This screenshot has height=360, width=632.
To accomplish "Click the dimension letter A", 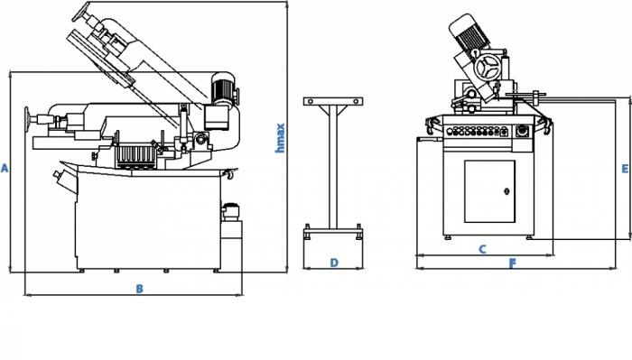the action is [x=5, y=169].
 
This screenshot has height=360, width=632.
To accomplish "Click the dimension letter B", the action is [x=139, y=289].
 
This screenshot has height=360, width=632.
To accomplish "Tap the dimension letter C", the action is [x=482, y=249].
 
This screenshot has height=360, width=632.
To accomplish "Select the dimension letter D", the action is [x=334, y=263].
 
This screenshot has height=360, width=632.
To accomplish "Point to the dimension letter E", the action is [x=625, y=169].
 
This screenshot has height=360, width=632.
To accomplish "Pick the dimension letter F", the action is [x=512, y=263].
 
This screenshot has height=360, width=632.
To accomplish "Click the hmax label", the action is [x=280, y=138].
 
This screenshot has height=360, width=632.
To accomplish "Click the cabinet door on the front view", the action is [x=489, y=191].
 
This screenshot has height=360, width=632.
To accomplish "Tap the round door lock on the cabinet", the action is [x=507, y=191].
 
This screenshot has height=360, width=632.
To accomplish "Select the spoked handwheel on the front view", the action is [x=487, y=68].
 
